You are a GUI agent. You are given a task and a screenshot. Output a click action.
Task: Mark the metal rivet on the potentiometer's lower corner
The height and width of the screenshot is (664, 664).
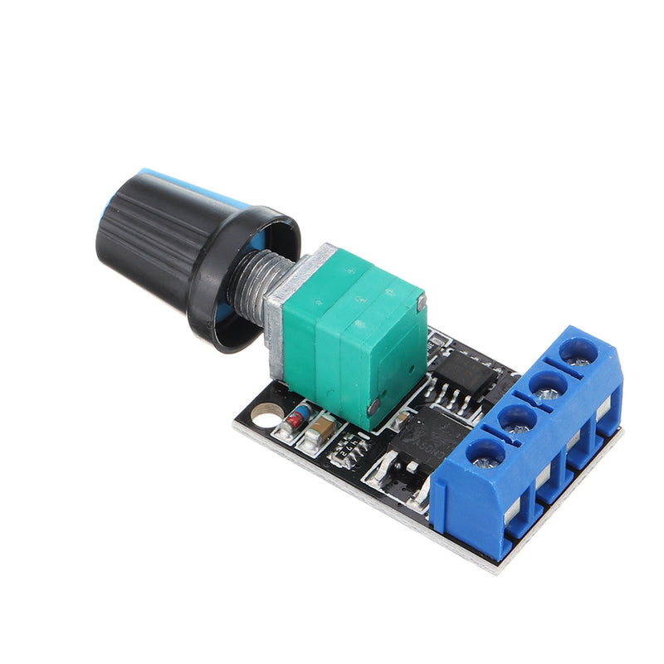pyautogui.click(x=374, y=406)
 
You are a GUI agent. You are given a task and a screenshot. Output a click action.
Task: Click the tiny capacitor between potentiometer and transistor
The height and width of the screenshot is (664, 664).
pyautogui.click(x=398, y=423)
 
